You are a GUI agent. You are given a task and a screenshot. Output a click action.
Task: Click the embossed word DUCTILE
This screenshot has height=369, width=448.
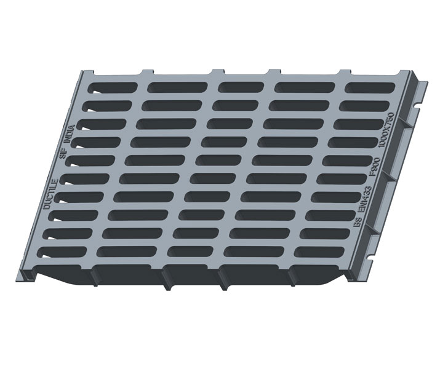click(52, 194)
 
